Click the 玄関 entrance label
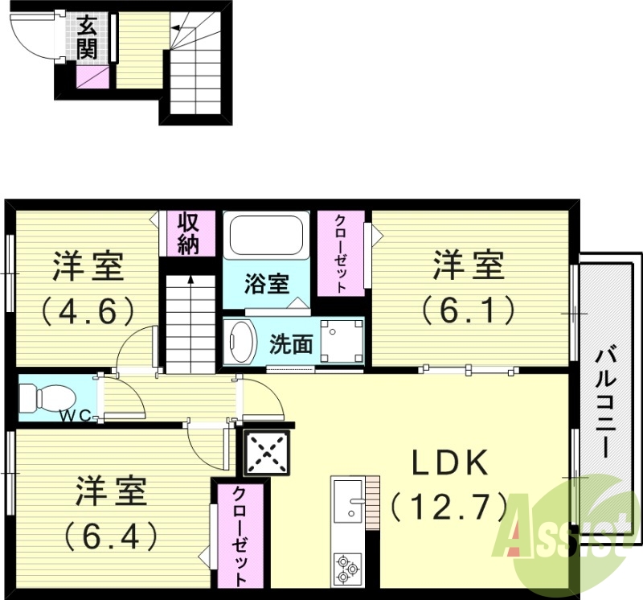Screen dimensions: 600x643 [87, 38]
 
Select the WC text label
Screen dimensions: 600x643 [78, 416]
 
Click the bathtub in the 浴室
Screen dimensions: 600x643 [265, 235]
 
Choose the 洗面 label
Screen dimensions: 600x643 [290, 345]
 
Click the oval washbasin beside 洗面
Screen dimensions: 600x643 [239, 341]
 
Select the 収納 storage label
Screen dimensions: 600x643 [187, 232]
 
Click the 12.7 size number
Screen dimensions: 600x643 [449, 507]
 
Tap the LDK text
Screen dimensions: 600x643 [450, 463]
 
